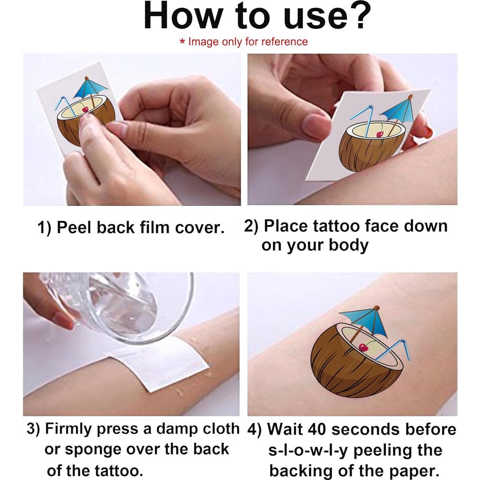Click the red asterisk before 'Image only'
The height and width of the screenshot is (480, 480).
coord(182,42)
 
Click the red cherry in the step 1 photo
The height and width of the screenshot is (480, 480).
coord(85,109)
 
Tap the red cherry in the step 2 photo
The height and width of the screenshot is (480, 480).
coord(379,135)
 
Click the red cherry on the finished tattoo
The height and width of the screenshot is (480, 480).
coord(363,347)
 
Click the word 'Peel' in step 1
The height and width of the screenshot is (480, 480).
coord(74,227)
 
